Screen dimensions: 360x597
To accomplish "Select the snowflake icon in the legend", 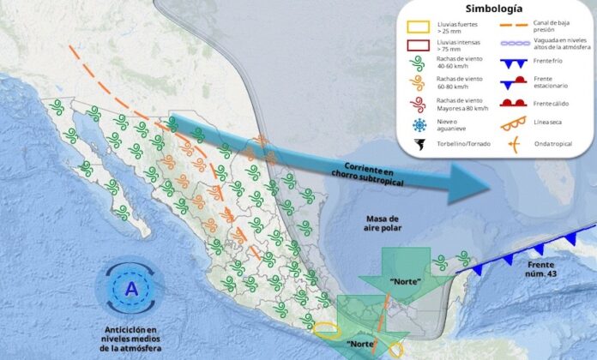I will coord(419,125).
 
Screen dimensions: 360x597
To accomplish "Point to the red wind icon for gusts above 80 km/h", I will coord(419,105).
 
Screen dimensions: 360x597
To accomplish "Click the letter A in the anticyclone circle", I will coord(130,289).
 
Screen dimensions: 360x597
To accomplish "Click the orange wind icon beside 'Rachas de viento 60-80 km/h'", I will coord(419,83).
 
